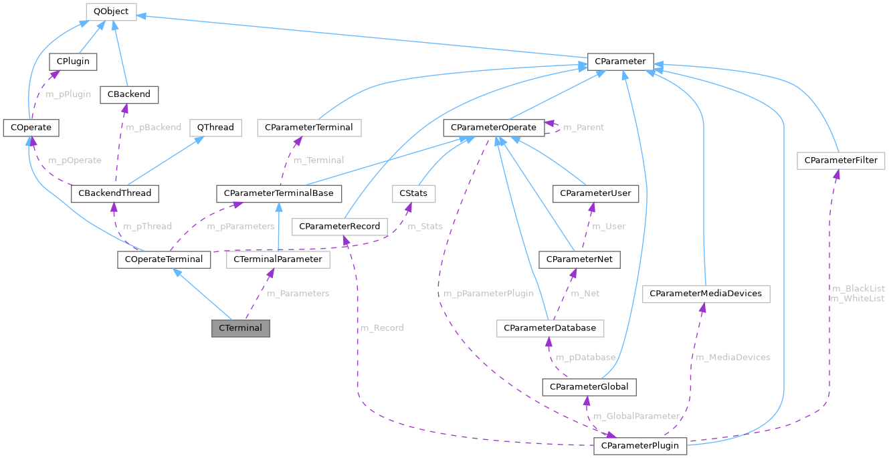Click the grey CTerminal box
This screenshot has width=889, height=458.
click(x=241, y=328)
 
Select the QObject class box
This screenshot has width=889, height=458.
click(x=111, y=11)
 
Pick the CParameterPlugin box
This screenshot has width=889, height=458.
click(x=639, y=445)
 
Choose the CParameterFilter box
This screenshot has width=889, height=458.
click(x=841, y=160)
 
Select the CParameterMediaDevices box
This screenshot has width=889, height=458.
click(x=706, y=294)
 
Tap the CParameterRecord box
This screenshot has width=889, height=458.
click(x=340, y=227)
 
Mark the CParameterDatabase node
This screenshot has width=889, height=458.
click(x=550, y=328)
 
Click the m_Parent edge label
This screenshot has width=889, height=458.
click(x=583, y=127)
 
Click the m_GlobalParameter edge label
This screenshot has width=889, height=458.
click(x=636, y=416)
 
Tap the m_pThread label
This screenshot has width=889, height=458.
click(x=146, y=226)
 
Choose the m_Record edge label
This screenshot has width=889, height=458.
click(x=381, y=328)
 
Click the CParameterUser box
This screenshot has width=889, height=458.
click(x=595, y=194)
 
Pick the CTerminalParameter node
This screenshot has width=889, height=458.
click(x=278, y=259)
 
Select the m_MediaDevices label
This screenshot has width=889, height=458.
click(x=732, y=357)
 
